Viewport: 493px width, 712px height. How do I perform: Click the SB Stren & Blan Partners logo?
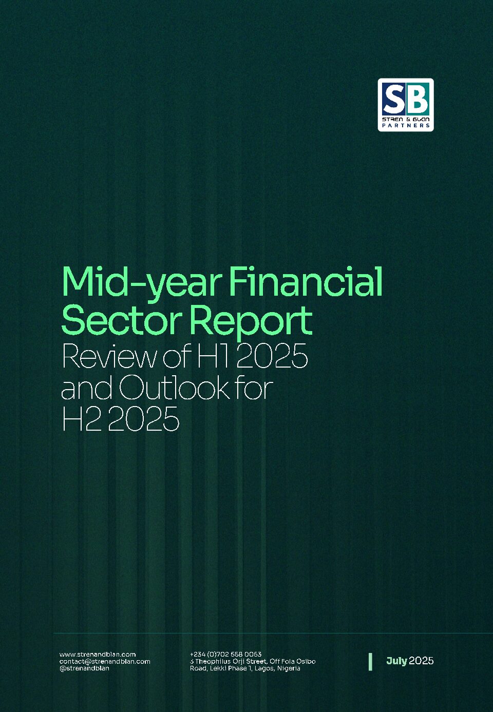pos(406,105)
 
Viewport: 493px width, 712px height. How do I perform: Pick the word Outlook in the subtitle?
pos(175,387)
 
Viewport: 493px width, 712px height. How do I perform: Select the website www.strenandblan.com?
pos(98,654)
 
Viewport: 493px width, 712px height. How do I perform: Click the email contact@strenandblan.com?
pos(105,661)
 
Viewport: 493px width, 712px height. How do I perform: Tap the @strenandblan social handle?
pos(84,668)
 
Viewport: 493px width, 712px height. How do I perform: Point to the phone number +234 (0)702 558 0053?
pos(226,654)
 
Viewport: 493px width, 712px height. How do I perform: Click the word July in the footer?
pos(396,661)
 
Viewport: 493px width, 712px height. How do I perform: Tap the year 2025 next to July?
pos(421,661)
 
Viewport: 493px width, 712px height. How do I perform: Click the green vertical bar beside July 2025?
pos(370,662)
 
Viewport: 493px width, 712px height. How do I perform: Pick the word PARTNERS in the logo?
pos(406,125)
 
